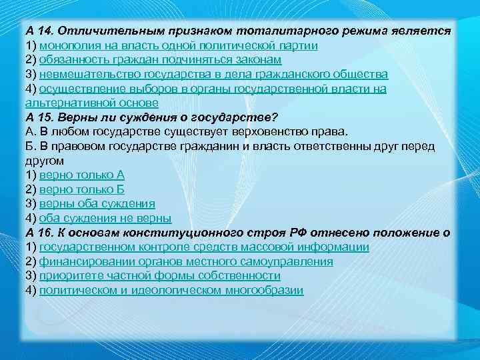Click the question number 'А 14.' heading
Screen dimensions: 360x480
pyautogui.click(x=41, y=31)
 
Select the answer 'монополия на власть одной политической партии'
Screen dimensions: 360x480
pyautogui.click(x=178, y=45)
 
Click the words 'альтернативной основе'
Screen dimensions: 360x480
pyautogui.click(x=91, y=103)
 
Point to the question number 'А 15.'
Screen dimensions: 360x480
pyautogui.click(x=41, y=117)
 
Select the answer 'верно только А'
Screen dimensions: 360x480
pyautogui.click(x=82, y=175)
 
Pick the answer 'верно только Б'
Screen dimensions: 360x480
pyautogui.click(x=82, y=189)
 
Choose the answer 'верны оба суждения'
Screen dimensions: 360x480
pyautogui.click(x=97, y=203)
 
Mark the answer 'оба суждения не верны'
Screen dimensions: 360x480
pyautogui.click(x=105, y=218)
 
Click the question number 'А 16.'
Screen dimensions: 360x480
pyautogui.click(x=41, y=233)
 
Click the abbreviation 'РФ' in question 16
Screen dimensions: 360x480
pyautogui.click(x=300, y=233)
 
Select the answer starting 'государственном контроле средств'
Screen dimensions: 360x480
pyautogui.click(x=204, y=247)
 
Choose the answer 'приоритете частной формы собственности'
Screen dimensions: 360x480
pyautogui.click(x=160, y=275)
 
